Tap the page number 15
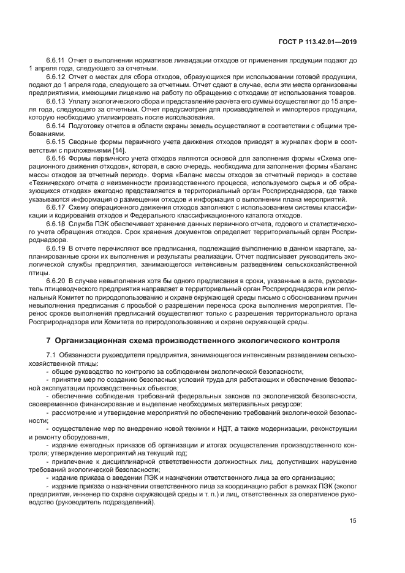[353, 522]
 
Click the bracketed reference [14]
[118, 150]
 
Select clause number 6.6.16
[55, 158]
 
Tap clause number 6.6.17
[55, 207]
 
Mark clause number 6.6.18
[55, 224]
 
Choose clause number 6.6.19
[55, 248]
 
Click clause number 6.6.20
[55, 281]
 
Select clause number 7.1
[51, 355]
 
